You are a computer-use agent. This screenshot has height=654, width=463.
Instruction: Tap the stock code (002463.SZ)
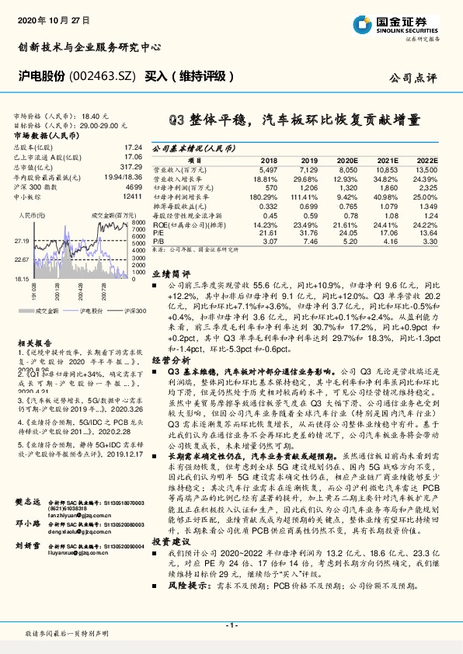point(99,78)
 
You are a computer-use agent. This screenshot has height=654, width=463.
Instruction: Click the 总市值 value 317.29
point(131,166)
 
